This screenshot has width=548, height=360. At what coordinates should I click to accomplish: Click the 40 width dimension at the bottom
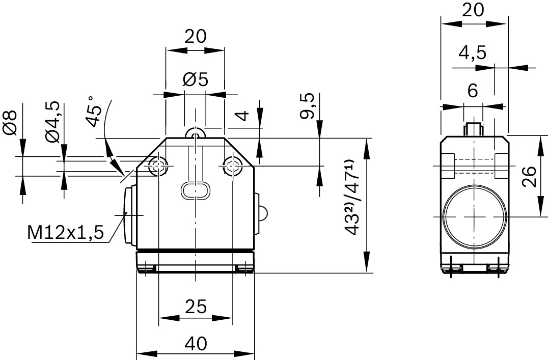[x=195, y=344]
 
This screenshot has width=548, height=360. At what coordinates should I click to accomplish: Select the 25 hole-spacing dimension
[x=195, y=307]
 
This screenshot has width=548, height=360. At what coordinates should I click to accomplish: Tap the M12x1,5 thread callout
[x=66, y=233]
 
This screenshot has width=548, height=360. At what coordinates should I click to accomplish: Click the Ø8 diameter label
[x=11, y=122]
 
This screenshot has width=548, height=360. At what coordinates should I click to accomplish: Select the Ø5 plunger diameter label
[x=195, y=80]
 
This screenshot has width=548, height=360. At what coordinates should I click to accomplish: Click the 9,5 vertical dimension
[x=307, y=106]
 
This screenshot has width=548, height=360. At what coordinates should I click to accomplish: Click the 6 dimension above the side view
[x=472, y=91]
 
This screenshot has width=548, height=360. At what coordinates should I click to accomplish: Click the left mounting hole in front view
[x=158, y=165]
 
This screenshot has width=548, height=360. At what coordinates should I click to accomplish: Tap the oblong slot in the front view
[x=195, y=190]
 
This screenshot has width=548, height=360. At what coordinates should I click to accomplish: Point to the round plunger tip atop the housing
[x=195, y=133]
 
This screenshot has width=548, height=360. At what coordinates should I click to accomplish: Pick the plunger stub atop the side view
[x=473, y=129]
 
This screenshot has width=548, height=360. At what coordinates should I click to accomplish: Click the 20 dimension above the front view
[x=195, y=36]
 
